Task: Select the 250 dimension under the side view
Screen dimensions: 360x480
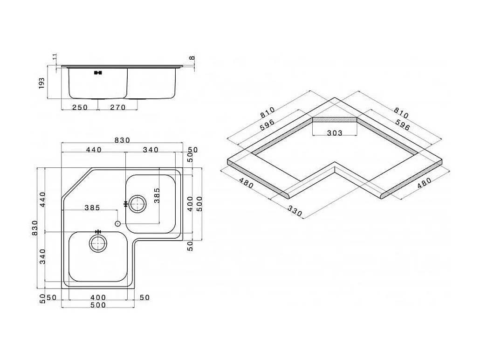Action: tap(80, 107)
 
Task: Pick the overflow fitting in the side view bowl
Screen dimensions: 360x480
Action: tap(98, 73)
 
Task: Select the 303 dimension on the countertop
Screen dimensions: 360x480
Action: tap(334, 133)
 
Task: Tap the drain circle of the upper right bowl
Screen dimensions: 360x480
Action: tap(137, 203)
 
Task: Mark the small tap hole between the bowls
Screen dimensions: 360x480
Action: tap(117, 223)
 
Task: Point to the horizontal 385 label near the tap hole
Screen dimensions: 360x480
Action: tap(92, 208)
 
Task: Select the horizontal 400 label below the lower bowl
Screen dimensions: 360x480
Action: tap(98, 297)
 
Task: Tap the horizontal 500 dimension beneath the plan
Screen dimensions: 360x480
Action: tap(98, 305)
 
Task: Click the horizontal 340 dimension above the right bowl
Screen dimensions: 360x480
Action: tap(151, 150)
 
